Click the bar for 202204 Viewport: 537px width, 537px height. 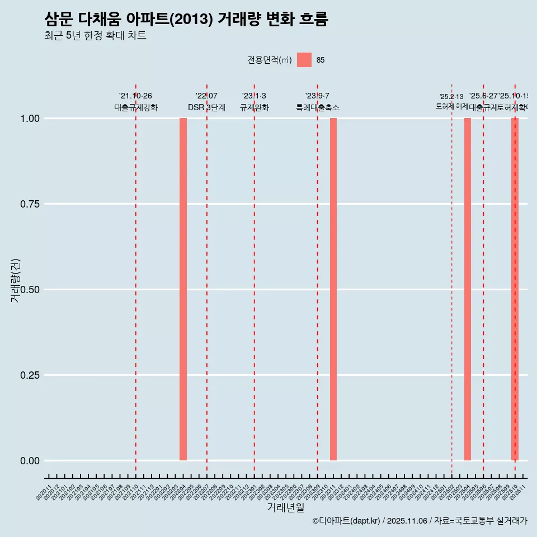(183, 289)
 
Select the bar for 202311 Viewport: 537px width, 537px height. (333, 289)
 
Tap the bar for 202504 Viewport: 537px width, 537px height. (468, 289)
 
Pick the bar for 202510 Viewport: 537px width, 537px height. (515, 289)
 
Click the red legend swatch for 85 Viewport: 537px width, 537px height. (304, 60)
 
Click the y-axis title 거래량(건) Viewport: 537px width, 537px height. (16, 280)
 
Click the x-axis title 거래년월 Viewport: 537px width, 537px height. (285, 508)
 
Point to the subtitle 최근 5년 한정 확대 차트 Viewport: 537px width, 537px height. (95, 36)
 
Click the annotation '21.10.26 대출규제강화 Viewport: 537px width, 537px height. (135, 102)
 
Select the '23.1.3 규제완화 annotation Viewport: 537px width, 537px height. (254, 102)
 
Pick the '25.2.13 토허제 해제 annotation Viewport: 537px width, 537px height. (451, 101)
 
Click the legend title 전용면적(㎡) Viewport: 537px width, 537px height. (269, 60)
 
